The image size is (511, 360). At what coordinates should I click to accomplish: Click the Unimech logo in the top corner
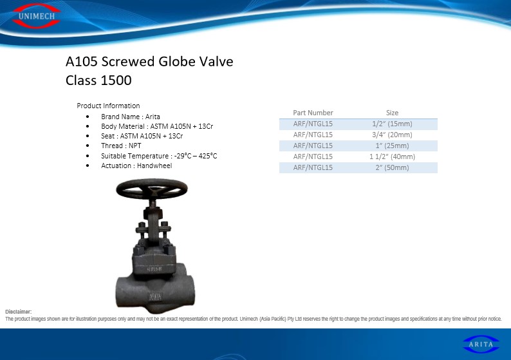[x=37, y=15]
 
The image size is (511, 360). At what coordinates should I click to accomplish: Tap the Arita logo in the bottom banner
[x=481, y=344]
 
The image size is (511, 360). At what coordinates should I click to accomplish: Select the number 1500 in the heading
[x=116, y=81]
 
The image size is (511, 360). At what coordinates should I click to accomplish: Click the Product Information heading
[x=108, y=106]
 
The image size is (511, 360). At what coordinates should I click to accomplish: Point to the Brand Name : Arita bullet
[x=131, y=117]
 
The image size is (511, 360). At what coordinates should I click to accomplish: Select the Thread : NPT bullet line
[x=121, y=146]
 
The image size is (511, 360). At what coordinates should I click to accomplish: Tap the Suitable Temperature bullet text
[x=159, y=156]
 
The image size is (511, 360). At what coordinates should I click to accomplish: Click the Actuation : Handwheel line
[x=136, y=166]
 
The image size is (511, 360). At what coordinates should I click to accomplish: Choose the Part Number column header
[x=313, y=113]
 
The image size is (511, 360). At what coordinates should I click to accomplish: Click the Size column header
[x=392, y=113]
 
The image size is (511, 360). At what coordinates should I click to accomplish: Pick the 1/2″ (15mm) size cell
[x=392, y=124]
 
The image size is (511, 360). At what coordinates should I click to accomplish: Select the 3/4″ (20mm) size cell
[x=392, y=135]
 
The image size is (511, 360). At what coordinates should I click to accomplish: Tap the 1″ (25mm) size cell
[x=392, y=146]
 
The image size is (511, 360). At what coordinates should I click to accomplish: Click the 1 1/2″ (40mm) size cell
[x=392, y=156]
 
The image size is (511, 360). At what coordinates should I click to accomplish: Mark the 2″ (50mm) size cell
[x=392, y=167]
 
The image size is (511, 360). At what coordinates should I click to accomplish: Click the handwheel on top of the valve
[x=152, y=189]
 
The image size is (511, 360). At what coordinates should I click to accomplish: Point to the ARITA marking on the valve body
[x=155, y=297]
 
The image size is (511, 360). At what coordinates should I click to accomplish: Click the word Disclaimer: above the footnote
[x=19, y=312]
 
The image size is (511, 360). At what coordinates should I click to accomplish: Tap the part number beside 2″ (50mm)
[x=313, y=167]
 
